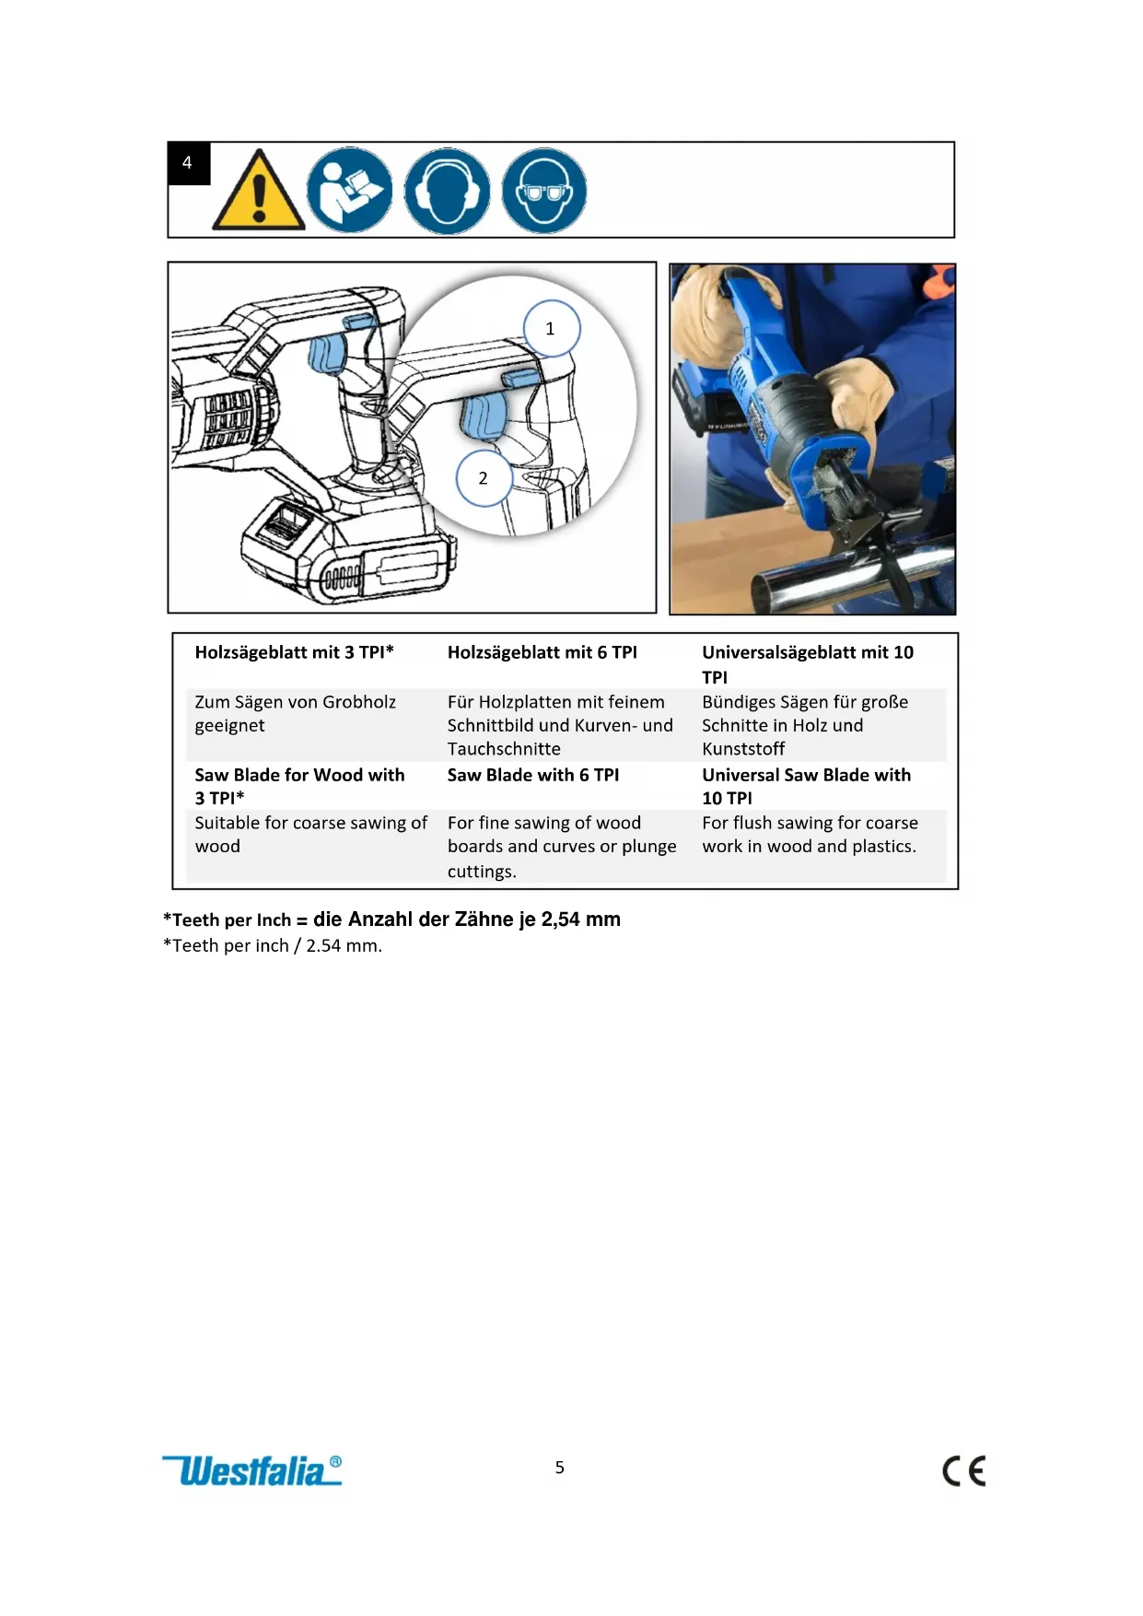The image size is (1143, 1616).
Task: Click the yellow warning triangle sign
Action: pos(259,191)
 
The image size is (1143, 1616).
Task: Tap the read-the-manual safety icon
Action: pos(350,190)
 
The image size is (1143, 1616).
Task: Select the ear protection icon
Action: pos(448,191)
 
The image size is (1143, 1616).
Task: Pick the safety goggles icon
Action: pos(544,191)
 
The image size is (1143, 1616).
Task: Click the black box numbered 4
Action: pos(189,163)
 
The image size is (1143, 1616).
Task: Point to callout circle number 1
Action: pos(552,329)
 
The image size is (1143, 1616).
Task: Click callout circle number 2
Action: pos(484,478)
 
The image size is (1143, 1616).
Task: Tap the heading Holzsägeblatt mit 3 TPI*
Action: pos(294,652)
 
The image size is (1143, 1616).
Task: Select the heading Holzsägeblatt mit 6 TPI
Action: pos(542,652)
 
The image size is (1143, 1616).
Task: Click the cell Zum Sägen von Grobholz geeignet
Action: pos(296,713)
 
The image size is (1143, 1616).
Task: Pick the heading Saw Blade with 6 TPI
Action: pos(533,775)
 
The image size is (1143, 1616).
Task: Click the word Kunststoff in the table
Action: pos(743,749)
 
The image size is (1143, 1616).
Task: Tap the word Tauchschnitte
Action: pos(504,749)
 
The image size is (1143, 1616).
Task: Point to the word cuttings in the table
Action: pos(480,872)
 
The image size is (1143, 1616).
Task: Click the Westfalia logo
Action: pos(251,1470)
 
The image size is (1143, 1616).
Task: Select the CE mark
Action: pos(964,1470)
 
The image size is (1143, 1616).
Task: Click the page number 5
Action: pos(560,1468)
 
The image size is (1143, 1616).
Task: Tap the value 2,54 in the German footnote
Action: pos(561,919)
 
